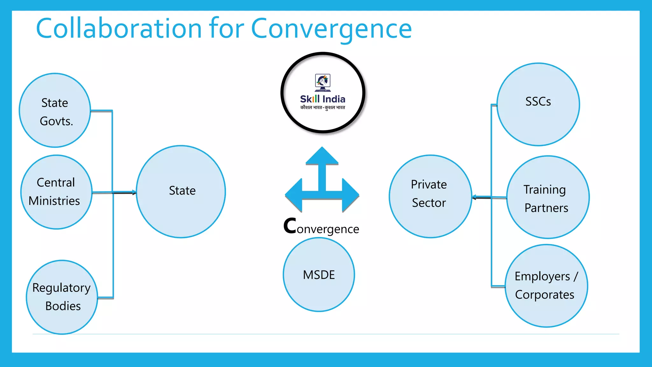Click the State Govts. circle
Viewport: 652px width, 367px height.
(x=55, y=111)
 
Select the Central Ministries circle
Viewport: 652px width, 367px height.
(x=56, y=192)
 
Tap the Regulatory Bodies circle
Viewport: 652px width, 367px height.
(x=62, y=297)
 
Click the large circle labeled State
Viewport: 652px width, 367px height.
(x=181, y=191)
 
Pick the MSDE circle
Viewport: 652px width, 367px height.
(x=319, y=274)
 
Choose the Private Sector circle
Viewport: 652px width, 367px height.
(x=430, y=196)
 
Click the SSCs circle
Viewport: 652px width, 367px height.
(x=538, y=104)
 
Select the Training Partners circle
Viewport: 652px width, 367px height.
(x=548, y=197)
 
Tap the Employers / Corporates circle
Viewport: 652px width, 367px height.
(x=546, y=286)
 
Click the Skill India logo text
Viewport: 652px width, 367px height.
(x=322, y=99)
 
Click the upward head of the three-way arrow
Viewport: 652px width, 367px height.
(x=322, y=156)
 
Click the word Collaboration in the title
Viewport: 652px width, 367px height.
(x=119, y=29)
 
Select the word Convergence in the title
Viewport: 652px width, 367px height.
(x=331, y=29)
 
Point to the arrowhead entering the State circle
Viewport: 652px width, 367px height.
(x=134, y=192)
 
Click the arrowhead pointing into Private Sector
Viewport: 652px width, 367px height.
(x=474, y=197)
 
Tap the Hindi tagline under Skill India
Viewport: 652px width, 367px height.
(x=322, y=108)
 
